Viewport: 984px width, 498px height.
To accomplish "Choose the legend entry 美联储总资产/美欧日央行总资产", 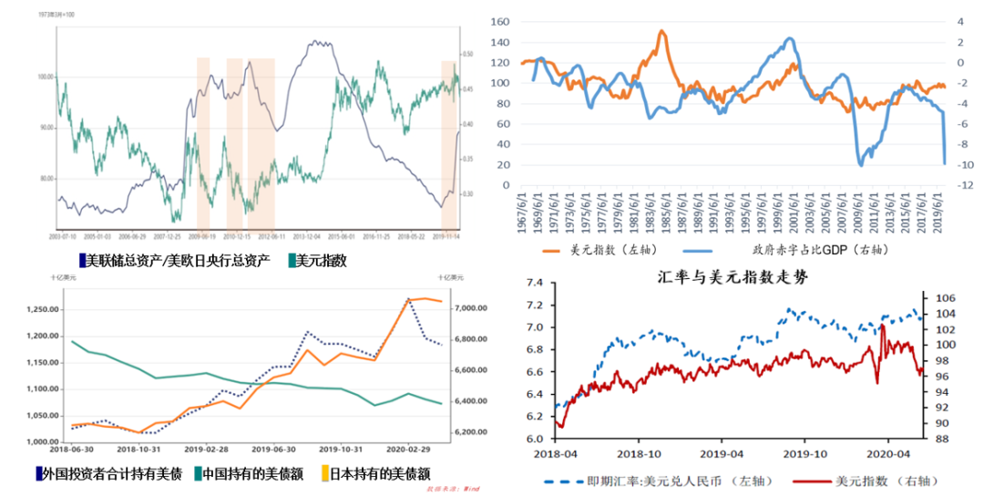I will [x=177, y=261].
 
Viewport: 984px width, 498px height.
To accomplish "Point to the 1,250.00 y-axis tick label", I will [x=36, y=309].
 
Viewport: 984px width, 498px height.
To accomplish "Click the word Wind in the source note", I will [x=471, y=489].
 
